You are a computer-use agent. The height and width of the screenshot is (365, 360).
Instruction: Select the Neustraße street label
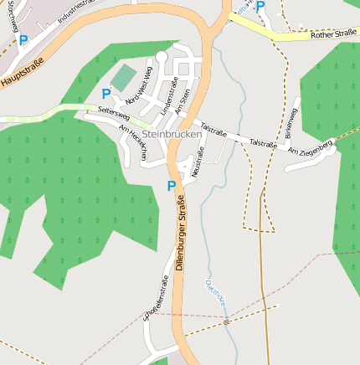click(198, 162)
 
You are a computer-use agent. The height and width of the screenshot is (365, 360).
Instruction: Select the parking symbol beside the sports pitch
click(106, 95)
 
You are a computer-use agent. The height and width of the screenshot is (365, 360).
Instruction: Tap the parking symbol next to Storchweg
click(23, 39)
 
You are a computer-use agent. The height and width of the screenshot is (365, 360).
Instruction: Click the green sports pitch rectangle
click(124, 78)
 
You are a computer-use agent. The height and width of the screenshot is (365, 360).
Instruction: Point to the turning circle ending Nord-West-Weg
click(162, 56)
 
